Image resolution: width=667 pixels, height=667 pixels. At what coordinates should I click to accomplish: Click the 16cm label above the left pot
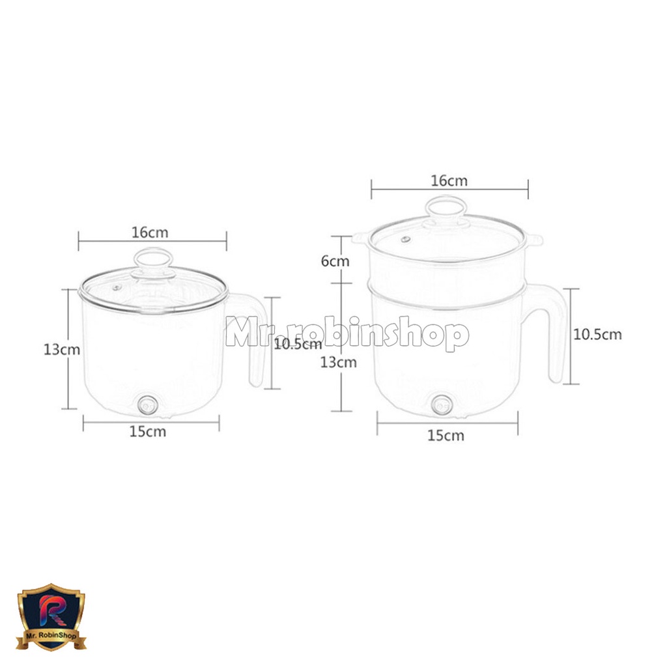click(x=150, y=233)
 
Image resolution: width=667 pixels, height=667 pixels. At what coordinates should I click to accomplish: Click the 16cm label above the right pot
click(x=449, y=181)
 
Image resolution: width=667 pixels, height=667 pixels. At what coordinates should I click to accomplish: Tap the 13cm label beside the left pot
click(x=62, y=349)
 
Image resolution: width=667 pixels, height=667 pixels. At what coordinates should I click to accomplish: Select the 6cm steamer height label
click(x=335, y=261)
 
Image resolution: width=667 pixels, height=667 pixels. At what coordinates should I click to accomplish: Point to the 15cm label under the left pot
click(x=148, y=431)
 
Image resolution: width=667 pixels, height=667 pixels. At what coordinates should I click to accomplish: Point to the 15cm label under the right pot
click(x=446, y=435)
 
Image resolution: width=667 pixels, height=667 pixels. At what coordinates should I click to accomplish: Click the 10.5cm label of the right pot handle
click(x=598, y=334)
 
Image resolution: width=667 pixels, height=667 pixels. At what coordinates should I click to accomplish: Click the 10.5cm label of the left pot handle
click(x=298, y=344)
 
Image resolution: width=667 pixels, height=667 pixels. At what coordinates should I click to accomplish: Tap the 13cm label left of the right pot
click(x=339, y=362)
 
